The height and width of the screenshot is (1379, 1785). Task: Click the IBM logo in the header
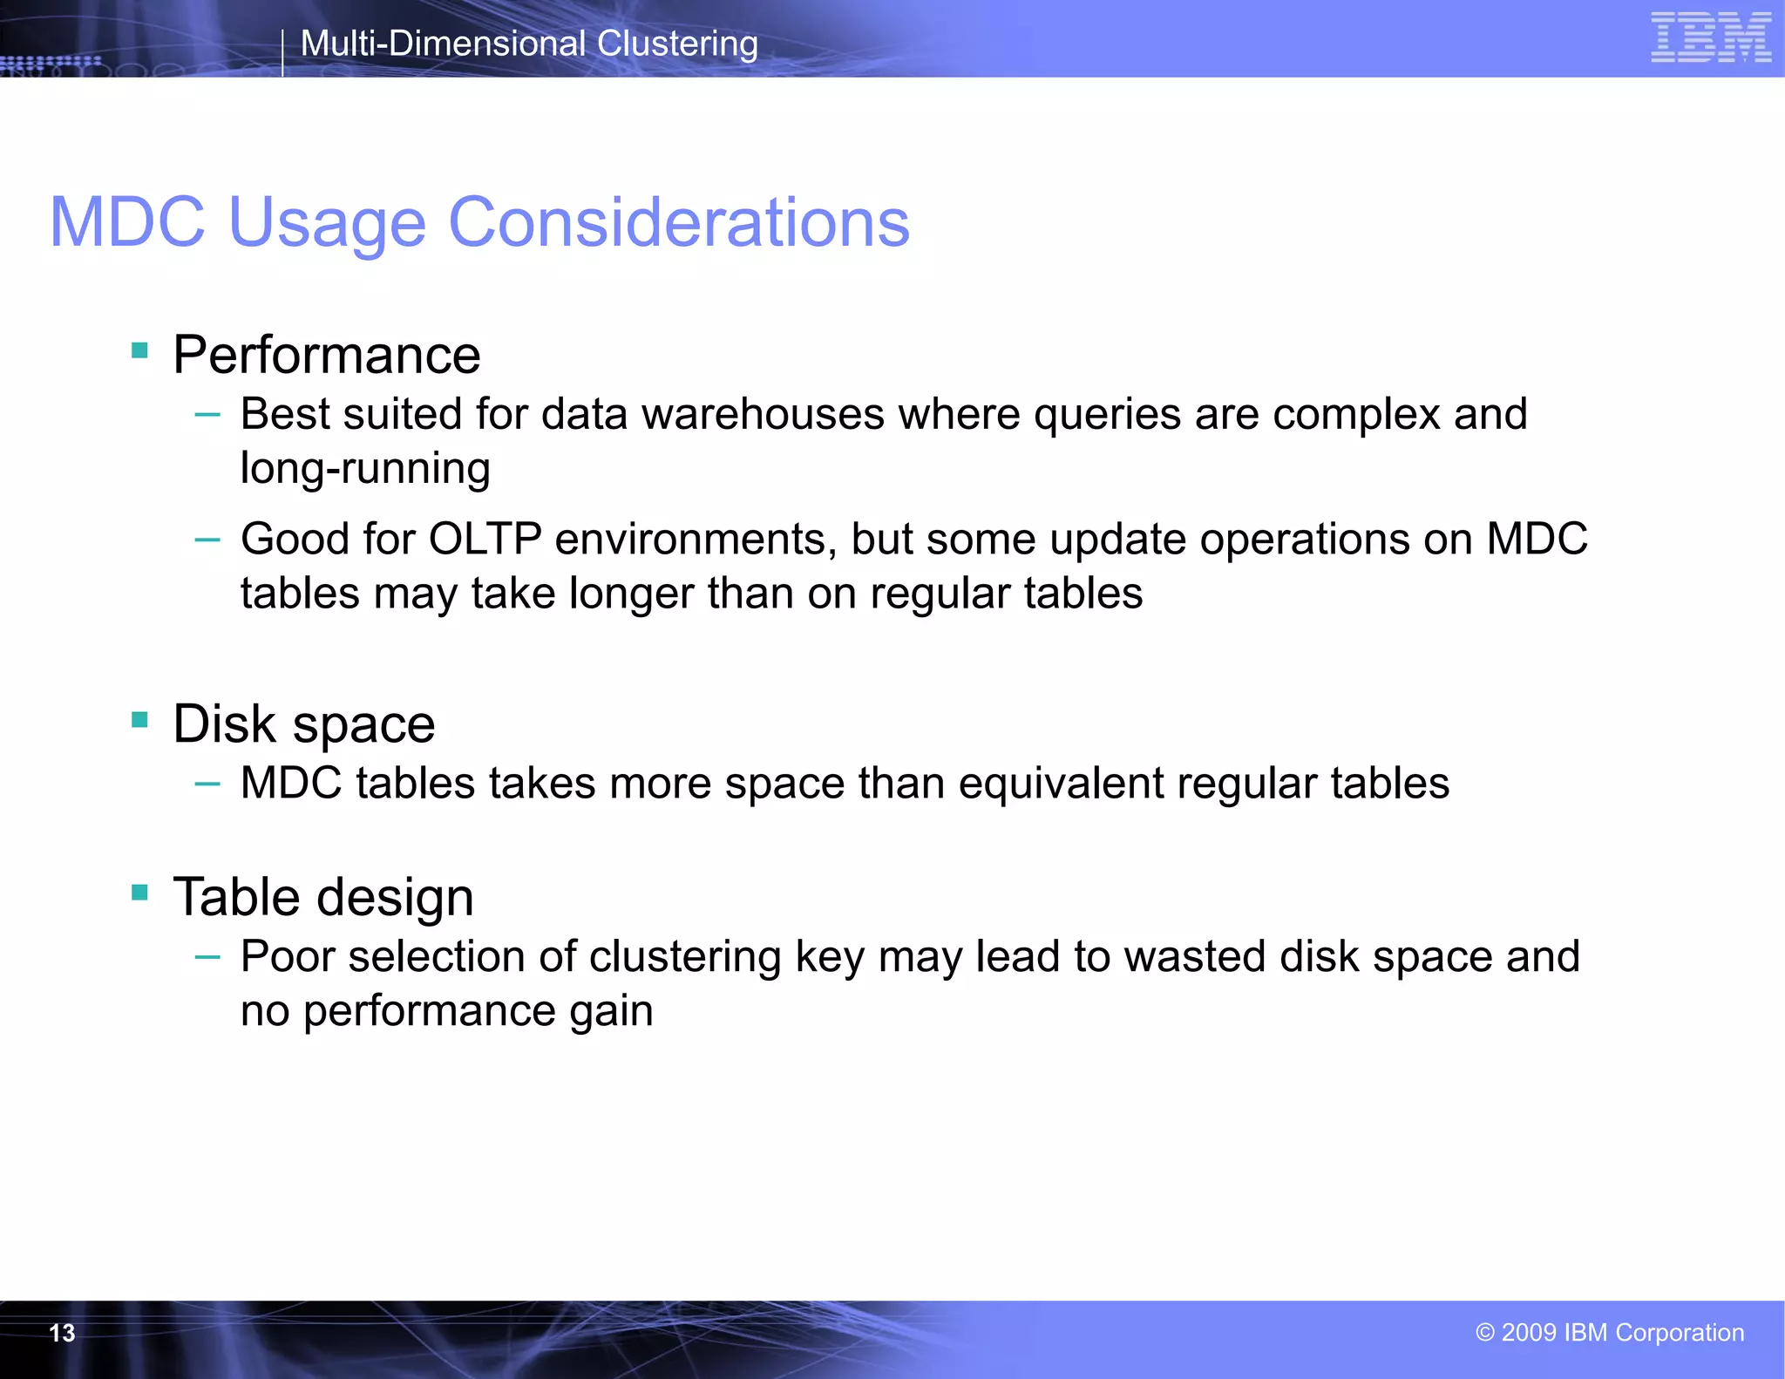click(x=1710, y=38)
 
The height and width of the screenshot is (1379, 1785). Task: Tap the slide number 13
click(x=62, y=1333)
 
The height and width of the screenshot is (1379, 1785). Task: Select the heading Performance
click(x=327, y=355)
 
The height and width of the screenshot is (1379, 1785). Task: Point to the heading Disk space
click(x=304, y=724)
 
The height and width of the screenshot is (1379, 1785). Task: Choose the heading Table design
click(x=323, y=897)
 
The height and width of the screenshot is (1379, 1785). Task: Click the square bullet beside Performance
click(x=139, y=350)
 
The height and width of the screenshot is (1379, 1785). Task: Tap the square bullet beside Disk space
click(x=139, y=719)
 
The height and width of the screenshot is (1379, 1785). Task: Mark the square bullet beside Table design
click(x=139, y=892)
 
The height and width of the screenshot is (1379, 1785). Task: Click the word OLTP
click(x=485, y=539)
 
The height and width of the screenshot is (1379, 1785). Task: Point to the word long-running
click(x=365, y=468)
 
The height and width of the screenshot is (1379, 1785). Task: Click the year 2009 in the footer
click(x=1529, y=1333)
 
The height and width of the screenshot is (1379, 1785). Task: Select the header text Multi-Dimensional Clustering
click(x=529, y=44)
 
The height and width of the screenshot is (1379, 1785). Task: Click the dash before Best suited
click(x=207, y=415)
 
